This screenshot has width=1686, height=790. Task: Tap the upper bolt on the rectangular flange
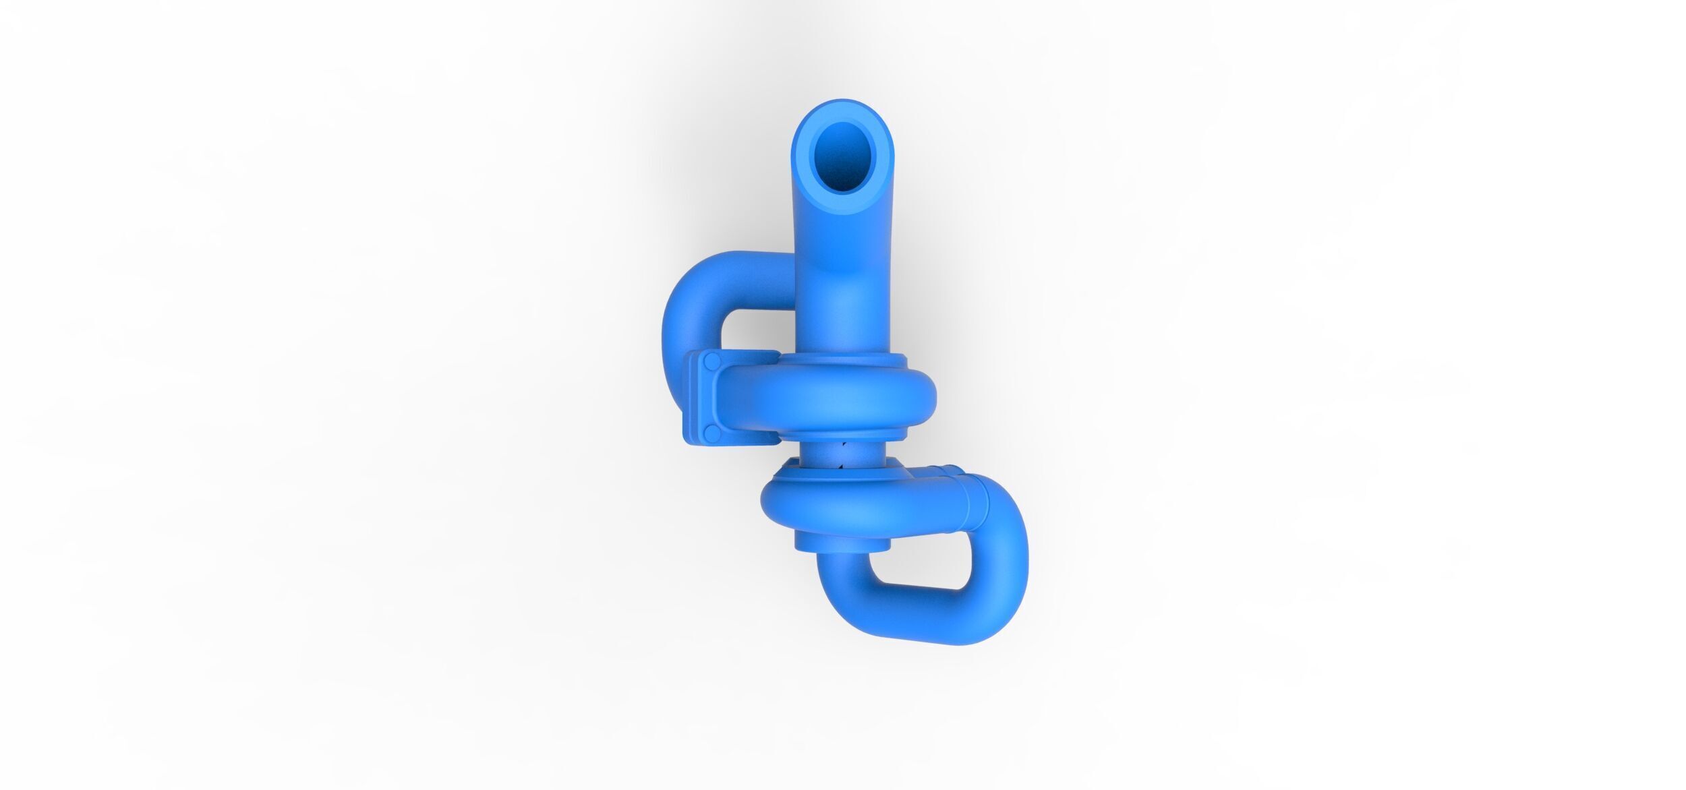[x=710, y=363]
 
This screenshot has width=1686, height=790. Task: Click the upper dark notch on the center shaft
[x=842, y=445]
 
